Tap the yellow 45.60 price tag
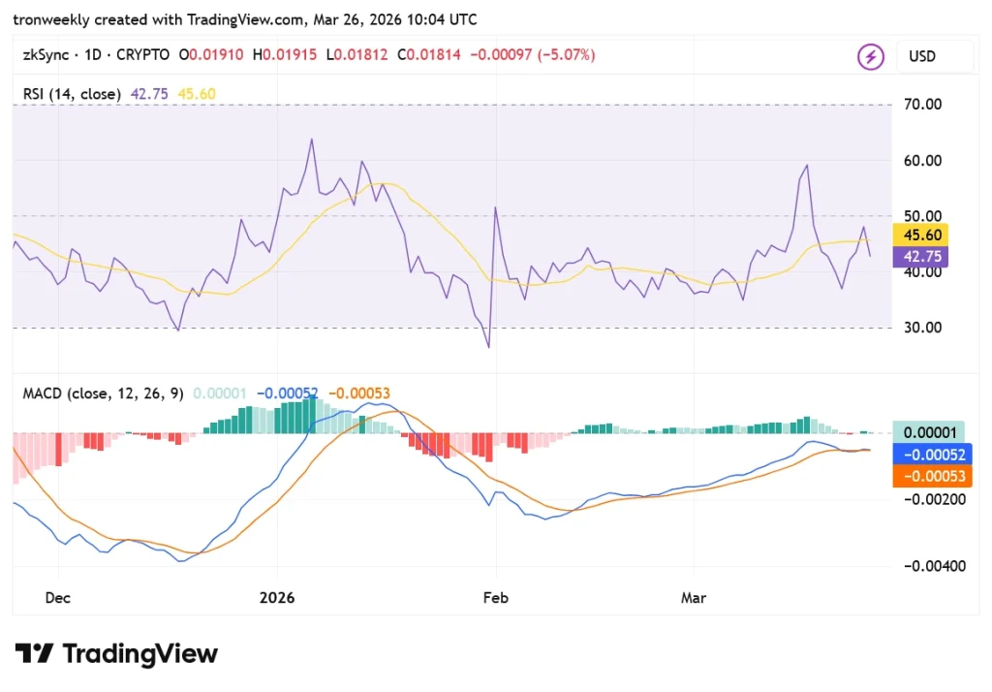920,235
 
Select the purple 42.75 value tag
920,257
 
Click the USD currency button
921,56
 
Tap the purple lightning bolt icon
870,56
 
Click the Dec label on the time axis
57,598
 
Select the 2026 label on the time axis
277,598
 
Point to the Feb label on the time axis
495,598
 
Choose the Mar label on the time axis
693,598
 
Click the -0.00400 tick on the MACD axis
935,566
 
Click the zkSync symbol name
46,55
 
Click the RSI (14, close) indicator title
73,94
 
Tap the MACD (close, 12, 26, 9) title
103,393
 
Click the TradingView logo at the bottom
115,654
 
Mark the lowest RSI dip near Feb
488,347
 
